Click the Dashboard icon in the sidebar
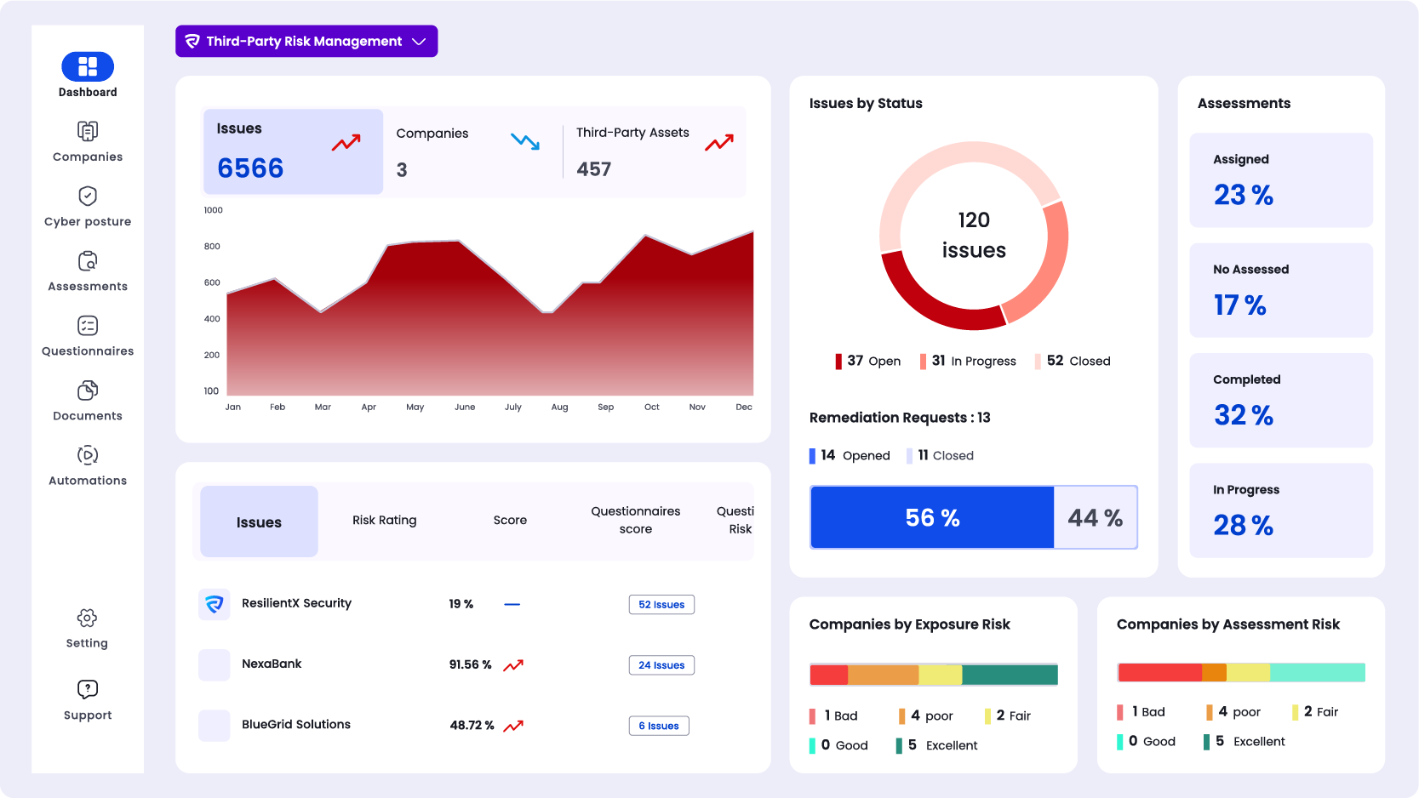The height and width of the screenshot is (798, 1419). click(88, 66)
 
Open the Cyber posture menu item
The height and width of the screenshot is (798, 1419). click(88, 207)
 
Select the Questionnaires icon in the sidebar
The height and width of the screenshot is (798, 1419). click(88, 326)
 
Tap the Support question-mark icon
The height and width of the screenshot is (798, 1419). click(88, 689)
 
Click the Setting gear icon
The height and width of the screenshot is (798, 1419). click(88, 618)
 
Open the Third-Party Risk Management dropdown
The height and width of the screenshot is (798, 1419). click(306, 41)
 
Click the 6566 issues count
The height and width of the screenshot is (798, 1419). click(250, 168)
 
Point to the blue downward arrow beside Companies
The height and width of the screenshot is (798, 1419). click(525, 141)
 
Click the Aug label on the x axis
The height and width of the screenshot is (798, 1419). click(559, 408)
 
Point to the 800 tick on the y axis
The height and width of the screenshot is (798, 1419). click(212, 247)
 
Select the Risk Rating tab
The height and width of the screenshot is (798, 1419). click(385, 520)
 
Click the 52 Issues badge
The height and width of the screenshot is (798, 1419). click(661, 604)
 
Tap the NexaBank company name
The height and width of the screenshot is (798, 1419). click(272, 664)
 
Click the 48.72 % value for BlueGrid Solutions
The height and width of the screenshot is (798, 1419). click(472, 725)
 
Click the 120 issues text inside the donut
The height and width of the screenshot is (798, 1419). click(974, 235)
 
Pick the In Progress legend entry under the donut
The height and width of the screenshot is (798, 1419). click(968, 361)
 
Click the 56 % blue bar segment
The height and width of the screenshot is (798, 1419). click(932, 517)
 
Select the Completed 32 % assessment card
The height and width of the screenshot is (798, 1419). click(1281, 400)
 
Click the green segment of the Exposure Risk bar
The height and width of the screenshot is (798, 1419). click(1010, 675)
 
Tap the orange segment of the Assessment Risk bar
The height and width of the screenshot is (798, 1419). click(1214, 672)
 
